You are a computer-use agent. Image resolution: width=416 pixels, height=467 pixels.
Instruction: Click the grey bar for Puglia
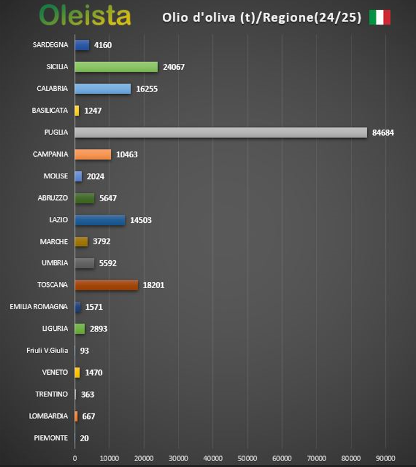tap(221, 133)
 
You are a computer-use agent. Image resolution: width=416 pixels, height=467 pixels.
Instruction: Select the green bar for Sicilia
tap(116, 67)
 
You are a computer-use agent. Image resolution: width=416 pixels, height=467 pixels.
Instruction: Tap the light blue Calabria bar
tap(102, 89)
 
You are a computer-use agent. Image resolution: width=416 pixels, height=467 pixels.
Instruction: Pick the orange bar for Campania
tap(93, 154)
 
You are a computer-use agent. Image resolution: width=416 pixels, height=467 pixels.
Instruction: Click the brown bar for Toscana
tap(106, 285)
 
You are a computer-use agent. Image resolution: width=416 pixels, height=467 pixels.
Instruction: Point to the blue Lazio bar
tap(100, 220)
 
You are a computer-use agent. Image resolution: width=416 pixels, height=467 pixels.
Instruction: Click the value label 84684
tap(383, 133)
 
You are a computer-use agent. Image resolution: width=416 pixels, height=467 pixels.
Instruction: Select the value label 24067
tap(174, 67)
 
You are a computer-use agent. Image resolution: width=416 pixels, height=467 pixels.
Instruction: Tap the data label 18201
tap(153, 285)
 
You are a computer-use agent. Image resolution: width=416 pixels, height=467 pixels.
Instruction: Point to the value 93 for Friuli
tap(84, 351)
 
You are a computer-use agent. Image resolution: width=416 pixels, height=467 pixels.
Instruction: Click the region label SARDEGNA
tap(51, 45)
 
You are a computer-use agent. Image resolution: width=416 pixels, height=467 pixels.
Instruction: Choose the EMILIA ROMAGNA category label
tap(39, 307)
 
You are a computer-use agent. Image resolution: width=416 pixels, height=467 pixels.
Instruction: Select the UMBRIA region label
tap(54, 263)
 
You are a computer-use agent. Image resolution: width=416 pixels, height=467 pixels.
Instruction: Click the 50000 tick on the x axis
tap(247, 458)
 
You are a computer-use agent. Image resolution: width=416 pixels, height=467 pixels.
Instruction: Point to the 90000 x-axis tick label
tap(385, 458)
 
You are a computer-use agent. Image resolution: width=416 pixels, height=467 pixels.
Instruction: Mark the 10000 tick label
tap(109, 458)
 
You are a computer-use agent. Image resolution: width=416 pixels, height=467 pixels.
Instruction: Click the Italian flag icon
tap(380, 17)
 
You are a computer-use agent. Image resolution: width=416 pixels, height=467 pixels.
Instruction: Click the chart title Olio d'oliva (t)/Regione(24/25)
tap(262, 17)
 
